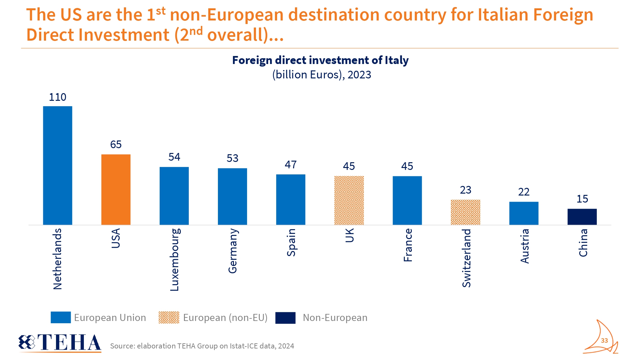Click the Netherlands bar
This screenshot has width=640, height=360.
pyautogui.click(x=58, y=165)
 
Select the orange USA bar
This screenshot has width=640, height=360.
pyautogui.click(x=116, y=189)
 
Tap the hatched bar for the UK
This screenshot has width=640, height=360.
pyautogui.click(x=349, y=200)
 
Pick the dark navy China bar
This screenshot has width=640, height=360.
pyautogui.click(x=582, y=217)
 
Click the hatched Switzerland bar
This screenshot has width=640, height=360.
pyautogui.click(x=465, y=212)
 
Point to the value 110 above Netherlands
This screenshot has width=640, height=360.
pyautogui.click(x=58, y=97)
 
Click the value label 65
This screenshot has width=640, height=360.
pyautogui.click(x=116, y=144)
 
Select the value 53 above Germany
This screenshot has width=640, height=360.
pyautogui.click(x=232, y=158)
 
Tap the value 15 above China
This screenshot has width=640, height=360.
pyautogui.click(x=582, y=199)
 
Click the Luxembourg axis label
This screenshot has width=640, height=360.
pyautogui.click(x=174, y=260)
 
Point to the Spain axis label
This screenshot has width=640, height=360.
pyautogui.click(x=291, y=242)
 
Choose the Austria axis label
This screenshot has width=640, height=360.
pyautogui.click(x=524, y=246)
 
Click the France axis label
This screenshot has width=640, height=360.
pyautogui.click(x=408, y=245)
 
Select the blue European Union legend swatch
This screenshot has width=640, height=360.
pyautogui.click(x=61, y=317)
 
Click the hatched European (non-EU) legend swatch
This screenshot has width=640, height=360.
pyautogui.click(x=169, y=317)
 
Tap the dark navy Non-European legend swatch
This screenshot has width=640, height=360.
pyautogui.click(x=285, y=318)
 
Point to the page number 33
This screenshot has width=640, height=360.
pyautogui.click(x=604, y=340)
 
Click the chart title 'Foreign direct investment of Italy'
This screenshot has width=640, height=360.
pyautogui.click(x=320, y=60)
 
